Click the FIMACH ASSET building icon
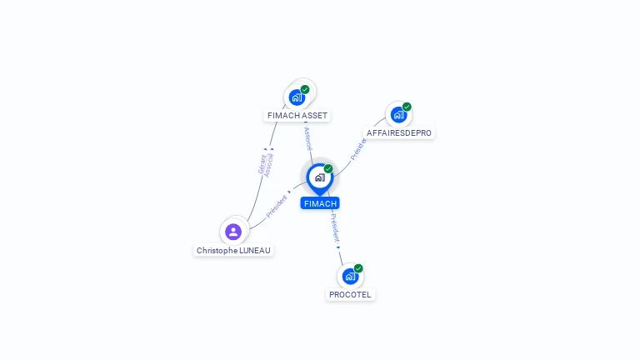[297, 97]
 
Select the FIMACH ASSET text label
[297, 116]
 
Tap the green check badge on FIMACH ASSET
[305, 89]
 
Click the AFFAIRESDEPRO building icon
[398, 115]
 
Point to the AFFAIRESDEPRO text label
[399, 133]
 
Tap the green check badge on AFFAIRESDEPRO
[407, 107]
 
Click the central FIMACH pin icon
[319, 177]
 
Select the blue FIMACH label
[320, 203]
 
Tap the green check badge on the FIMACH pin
[328, 169]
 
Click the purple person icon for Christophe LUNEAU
[233, 232]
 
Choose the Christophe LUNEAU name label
[233, 250]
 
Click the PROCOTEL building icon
[350, 276]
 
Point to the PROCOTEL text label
[350, 295]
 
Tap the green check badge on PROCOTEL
[358, 268]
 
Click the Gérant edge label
[262, 163]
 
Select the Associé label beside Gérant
[269, 164]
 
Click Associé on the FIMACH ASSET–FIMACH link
[307, 137]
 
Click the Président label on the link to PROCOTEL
[334, 226]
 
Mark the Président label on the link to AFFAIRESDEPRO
[358, 148]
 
